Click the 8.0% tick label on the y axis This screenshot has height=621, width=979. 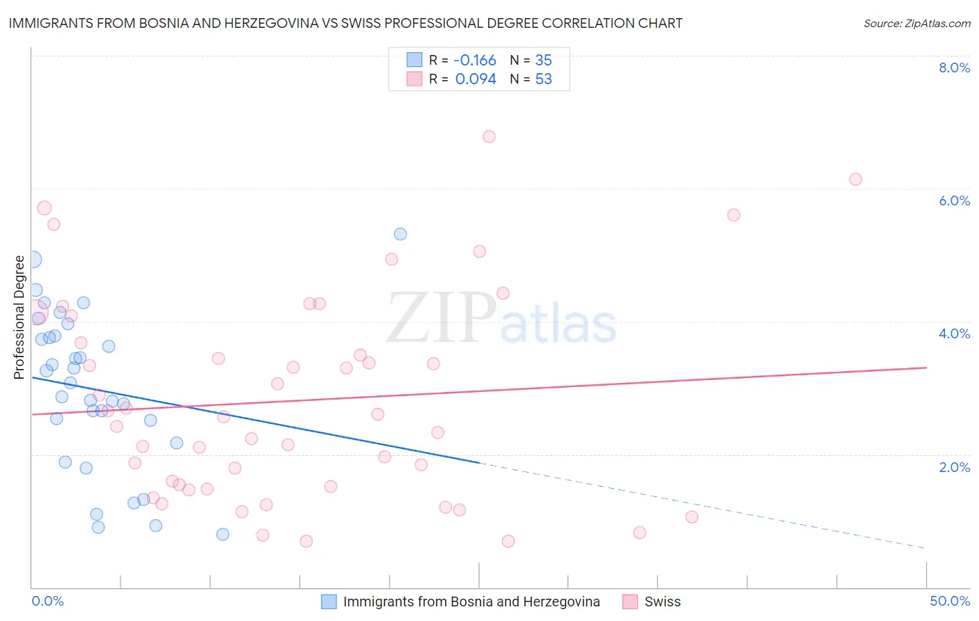954,68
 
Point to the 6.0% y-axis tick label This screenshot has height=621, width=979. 954,201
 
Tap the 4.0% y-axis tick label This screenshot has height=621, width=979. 954,333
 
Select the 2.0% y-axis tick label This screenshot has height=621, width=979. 954,467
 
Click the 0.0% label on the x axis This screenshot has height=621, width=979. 47,602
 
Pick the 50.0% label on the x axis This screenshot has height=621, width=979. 950,602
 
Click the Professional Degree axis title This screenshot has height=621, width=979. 19,317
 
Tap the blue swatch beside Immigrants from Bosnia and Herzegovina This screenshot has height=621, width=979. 329,602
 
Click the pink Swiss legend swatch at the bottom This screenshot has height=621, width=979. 630,602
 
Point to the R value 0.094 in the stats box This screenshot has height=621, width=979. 476,79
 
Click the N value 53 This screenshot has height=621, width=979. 543,79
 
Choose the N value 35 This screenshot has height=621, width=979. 543,60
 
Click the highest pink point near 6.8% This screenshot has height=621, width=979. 489,136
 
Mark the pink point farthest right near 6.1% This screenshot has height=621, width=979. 855,180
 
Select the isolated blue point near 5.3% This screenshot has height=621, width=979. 400,234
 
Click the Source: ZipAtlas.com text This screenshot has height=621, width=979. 917,24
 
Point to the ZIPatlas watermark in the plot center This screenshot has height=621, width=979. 501,319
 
